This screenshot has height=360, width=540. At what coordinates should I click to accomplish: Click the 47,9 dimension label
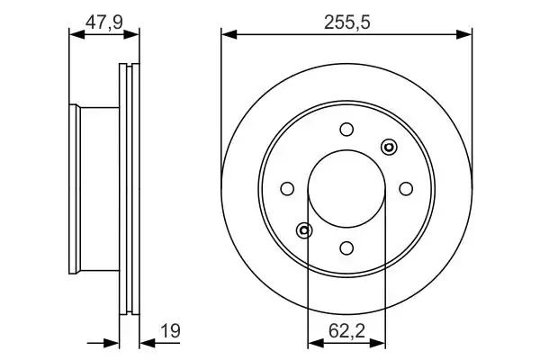(104, 23)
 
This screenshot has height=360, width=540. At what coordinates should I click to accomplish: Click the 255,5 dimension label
(347, 23)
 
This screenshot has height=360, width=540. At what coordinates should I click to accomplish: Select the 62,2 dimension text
(346, 331)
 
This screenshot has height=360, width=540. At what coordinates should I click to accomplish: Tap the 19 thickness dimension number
(171, 331)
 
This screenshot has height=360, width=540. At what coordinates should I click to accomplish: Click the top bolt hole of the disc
(346, 130)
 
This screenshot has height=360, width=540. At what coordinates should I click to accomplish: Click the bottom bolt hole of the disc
(346, 248)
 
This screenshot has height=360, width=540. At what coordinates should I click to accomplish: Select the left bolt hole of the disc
(287, 189)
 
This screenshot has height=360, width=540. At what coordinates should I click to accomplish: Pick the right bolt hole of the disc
(406, 189)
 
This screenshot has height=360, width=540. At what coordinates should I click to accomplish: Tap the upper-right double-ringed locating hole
(389, 147)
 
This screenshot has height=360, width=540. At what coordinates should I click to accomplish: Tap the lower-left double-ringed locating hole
(304, 230)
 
